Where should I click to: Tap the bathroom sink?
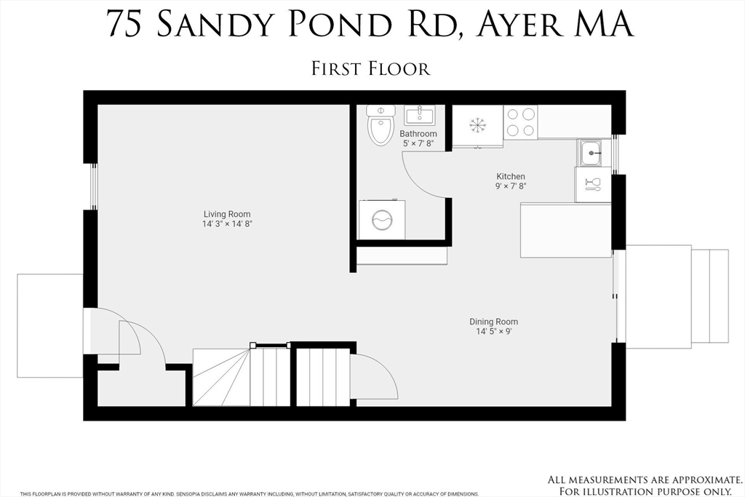pos(418,115)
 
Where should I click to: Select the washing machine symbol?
pos(383,219)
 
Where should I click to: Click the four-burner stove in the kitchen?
pos(520,122)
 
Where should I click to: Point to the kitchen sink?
pos(590,153)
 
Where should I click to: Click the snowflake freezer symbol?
pos(477,125)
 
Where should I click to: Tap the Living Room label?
pos(227,214)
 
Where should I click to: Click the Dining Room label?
pos(493,322)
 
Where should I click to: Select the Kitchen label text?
pos(511,176)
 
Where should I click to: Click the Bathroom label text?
pos(418,134)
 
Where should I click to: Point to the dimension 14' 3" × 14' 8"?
pos(227,224)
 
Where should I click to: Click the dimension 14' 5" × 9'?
pos(493,332)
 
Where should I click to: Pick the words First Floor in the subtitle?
pos(371,68)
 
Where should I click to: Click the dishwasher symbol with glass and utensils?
pos(592,184)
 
